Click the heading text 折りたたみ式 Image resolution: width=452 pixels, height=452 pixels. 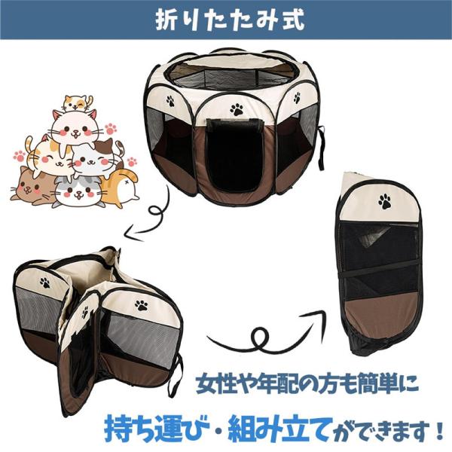tap(230, 20)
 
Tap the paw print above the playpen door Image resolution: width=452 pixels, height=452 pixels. tap(237, 109)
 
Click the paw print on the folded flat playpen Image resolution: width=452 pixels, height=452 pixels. tap(384, 201)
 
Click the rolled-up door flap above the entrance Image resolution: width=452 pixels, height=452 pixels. tap(236, 124)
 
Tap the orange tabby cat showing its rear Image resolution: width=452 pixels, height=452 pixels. tap(123, 188)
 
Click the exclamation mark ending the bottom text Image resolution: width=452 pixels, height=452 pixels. tap(439, 430)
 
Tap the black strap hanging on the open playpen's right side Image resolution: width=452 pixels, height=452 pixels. tap(321, 148)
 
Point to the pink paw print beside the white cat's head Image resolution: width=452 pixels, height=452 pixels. tap(111, 129)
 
